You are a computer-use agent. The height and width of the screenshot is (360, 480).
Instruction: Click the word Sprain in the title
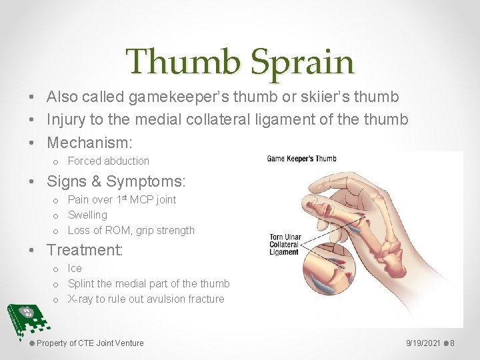(x=303, y=62)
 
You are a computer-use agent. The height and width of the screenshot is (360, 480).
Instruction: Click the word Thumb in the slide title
(x=185, y=62)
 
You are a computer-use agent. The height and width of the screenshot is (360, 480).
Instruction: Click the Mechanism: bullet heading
(x=90, y=142)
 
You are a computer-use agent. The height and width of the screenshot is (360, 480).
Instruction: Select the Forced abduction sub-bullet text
(x=109, y=161)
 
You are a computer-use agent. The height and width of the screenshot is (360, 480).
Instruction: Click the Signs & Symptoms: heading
(x=116, y=181)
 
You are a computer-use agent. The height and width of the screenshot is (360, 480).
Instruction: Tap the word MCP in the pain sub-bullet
(x=141, y=200)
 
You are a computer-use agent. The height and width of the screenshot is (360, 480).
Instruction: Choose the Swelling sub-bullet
(x=87, y=215)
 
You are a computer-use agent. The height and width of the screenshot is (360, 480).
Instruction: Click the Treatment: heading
(x=84, y=250)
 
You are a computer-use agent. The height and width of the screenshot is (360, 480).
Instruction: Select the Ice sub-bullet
(x=75, y=269)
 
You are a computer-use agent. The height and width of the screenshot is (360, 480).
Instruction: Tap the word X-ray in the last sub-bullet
(x=81, y=299)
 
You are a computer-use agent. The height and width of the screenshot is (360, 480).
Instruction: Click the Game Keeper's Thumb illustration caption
(x=301, y=159)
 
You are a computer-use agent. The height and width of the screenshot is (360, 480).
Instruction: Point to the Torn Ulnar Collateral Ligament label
(x=284, y=245)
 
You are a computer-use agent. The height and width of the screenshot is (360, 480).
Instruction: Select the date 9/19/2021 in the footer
(x=423, y=343)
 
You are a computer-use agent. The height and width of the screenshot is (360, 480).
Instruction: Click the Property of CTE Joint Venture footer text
(x=90, y=343)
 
